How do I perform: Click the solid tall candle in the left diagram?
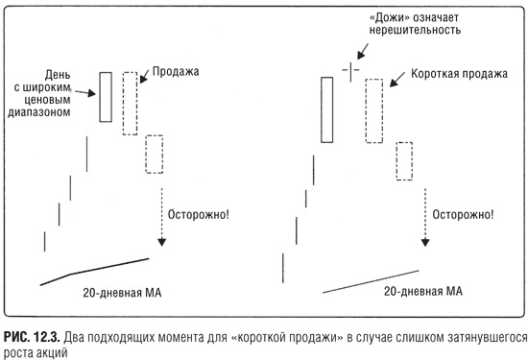[x=106, y=96]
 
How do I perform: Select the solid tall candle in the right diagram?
[x=327, y=108]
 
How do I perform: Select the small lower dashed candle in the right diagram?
[x=405, y=160]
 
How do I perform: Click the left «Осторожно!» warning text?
[x=199, y=212]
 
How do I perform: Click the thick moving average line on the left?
[x=96, y=269]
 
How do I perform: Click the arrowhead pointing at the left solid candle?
[x=92, y=94]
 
